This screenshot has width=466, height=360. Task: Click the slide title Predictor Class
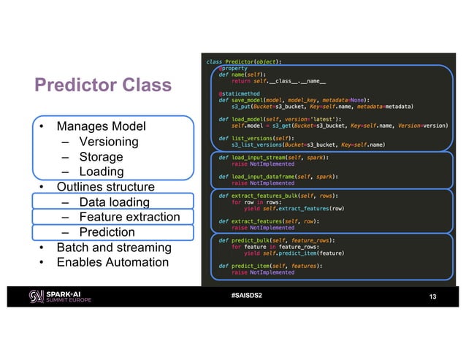(x=103, y=86)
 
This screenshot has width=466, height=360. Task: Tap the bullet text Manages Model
(x=101, y=126)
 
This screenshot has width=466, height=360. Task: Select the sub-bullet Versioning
(x=108, y=142)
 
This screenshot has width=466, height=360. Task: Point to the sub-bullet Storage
(x=101, y=157)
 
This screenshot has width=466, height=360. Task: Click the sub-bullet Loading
(x=101, y=172)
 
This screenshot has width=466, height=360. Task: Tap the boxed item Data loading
(x=114, y=202)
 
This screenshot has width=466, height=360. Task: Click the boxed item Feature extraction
(x=129, y=217)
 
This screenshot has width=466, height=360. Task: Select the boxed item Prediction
(x=107, y=232)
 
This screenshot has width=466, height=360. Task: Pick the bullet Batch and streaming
(x=114, y=248)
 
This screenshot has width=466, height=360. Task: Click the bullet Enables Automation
(x=112, y=262)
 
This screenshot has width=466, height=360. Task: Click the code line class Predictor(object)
(x=245, y=61)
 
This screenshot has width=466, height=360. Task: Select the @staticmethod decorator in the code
(x=236, y=93)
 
